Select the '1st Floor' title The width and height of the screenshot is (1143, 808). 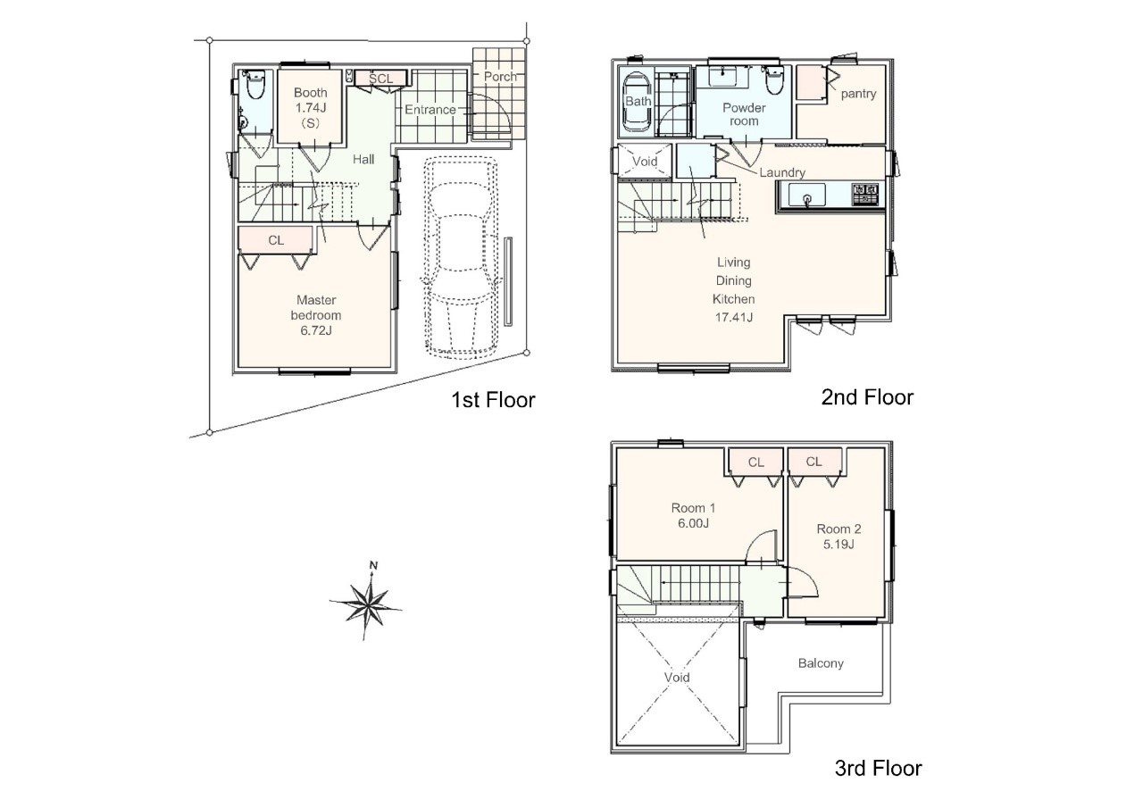(x=493, y=400)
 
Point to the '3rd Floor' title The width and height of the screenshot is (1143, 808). (x=878, y=768)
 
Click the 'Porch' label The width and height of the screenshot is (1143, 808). (x=500, y=77)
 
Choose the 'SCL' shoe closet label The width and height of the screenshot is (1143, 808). (x=380, y=79)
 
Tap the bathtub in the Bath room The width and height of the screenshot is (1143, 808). (x=637, y=104)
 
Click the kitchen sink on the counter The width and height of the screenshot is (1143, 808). (x=806, y=195)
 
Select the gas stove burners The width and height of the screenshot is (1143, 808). (x=865, y=195)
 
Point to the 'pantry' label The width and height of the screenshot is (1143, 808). (x=858, y=94)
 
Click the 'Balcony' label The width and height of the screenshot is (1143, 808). (x=821, y=663)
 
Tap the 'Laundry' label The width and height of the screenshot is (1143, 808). (x=782, y=172)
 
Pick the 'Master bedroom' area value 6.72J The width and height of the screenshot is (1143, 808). (x=316, y=330)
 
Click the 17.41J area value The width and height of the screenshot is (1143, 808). (x=734, y=317)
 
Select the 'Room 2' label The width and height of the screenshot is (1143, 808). (x=838, y=529)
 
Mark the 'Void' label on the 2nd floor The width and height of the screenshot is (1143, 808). (x=645, y=162)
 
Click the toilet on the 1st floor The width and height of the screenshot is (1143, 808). (x=254, y=85)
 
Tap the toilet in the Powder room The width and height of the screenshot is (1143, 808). (x=773, y=80)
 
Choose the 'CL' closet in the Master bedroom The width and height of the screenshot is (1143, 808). (x=276, y=240)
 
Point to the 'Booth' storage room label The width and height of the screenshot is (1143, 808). (x=310, y=93)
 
